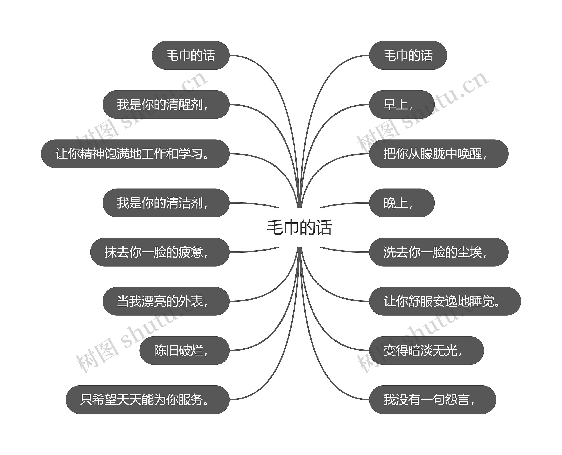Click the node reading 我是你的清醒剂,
click(x=166, y=105)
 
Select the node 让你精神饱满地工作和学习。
click(x=135, y=154)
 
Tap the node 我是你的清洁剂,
click(x=166, y=203)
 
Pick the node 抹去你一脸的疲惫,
click(x=160, y=252)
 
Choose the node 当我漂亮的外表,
click(x=166, y=301)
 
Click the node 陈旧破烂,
click(x=184, y=350)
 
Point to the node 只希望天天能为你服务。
click(x=147, y=400)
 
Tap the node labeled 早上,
click(x=402, y=105)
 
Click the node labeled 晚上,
click(x=402, y=203)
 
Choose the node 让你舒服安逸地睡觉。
click(x=445, y=301)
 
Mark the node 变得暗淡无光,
click(x=426, y=350)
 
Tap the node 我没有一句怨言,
click(x=432, y=400)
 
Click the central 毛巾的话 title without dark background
click(x=299, y=227)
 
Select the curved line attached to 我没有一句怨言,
click(x=328, y=377)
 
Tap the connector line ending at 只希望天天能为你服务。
click(x=270, y=377)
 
